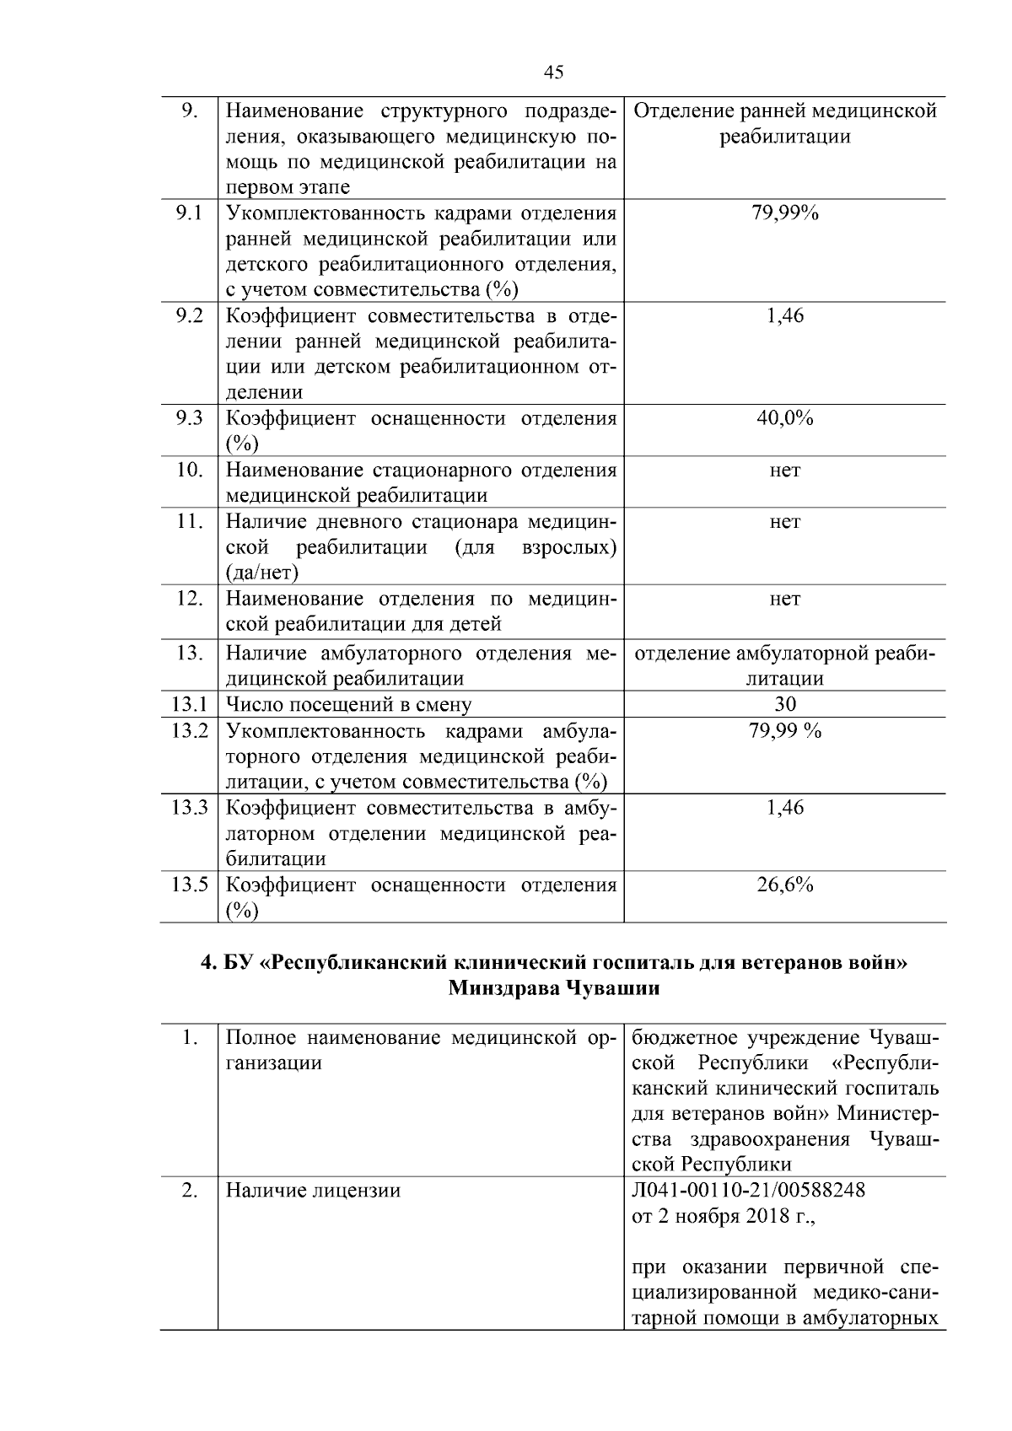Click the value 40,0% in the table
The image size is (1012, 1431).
(784, 418)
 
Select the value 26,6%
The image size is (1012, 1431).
(784, 885)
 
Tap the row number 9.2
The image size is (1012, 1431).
(189, 316)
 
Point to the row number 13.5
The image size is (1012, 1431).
(189, 885)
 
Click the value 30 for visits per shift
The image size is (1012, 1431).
(784, 704)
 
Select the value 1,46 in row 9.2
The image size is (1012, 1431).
(784, 316)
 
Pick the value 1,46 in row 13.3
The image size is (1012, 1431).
(784, 808)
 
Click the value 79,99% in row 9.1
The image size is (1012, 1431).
(784, 213)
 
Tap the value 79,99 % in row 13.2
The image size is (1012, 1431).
(784, 730)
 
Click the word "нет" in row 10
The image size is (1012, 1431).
(784, 470)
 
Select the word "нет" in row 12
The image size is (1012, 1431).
(784, 599)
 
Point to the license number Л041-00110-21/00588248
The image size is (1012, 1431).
(748, 1190)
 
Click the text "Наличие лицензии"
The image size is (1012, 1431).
(313, 1191)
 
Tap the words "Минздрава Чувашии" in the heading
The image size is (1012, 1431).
(553, 988)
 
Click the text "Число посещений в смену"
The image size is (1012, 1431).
(349, 705)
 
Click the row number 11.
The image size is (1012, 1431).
(189, 521)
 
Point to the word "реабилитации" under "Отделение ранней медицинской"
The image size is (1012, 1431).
(784, 137)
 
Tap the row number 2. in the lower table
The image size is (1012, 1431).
(189, 1190)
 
